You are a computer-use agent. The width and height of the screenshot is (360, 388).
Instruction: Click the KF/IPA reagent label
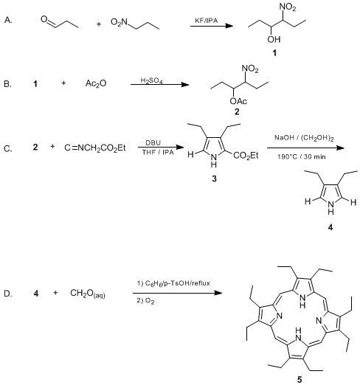click(x=207, y=21)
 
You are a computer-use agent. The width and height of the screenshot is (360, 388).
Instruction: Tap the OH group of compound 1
click(x=274, y=39)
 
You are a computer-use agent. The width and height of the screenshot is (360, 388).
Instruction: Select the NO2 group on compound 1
click(x=288, y=7)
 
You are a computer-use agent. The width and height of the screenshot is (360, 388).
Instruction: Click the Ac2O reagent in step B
click(x=96, y=83)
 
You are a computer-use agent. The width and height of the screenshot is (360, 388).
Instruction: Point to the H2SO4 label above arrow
click(x=151, y=80)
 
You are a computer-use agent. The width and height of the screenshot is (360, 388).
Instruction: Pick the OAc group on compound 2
click(x=238, y=101)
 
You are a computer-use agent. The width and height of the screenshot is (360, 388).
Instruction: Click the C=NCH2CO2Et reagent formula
click(x=95, y=148)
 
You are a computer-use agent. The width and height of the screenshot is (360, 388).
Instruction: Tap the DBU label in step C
click(x=153, y=143)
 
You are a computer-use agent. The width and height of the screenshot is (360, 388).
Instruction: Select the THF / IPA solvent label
click(x=158, y=152)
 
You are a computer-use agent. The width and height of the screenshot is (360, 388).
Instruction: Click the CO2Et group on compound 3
click(x=246, y=156)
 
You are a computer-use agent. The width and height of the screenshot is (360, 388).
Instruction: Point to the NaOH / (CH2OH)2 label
click(x=304, y=138)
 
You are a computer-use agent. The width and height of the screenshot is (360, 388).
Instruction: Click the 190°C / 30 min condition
click(x=302, y=156)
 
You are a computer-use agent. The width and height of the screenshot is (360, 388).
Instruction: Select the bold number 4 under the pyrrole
click(x=330, y=227)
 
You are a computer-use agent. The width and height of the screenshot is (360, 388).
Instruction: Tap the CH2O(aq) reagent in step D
click(x=88, y=294)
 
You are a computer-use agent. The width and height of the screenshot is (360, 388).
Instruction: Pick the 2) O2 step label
click(x=146, y=301)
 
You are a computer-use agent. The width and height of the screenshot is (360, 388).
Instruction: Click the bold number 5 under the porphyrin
click(x=300, y=380)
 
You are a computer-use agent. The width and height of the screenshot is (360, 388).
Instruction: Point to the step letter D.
click(x=7, y=294)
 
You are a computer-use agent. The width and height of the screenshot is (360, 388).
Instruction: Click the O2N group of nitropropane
click(x=119, y=22)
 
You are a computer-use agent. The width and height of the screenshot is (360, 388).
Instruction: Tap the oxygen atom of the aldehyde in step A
click(x=44, y=19)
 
